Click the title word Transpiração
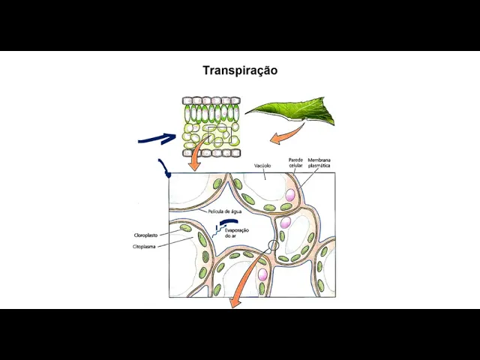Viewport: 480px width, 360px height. (240, 70)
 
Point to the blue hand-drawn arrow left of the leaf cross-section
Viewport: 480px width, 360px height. (157, 138)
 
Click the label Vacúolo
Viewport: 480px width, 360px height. (262, 164)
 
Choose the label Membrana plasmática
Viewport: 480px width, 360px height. (319, 163)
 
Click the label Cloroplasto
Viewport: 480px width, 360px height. (146, 234)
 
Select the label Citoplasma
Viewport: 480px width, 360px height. (145, 246)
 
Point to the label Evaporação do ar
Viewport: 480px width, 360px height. (236, 233)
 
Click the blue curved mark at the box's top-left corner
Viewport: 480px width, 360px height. (163, 167)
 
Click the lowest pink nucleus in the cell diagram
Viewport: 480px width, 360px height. (263, 274)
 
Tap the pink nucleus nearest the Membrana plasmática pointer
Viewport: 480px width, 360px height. (289, 195)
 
